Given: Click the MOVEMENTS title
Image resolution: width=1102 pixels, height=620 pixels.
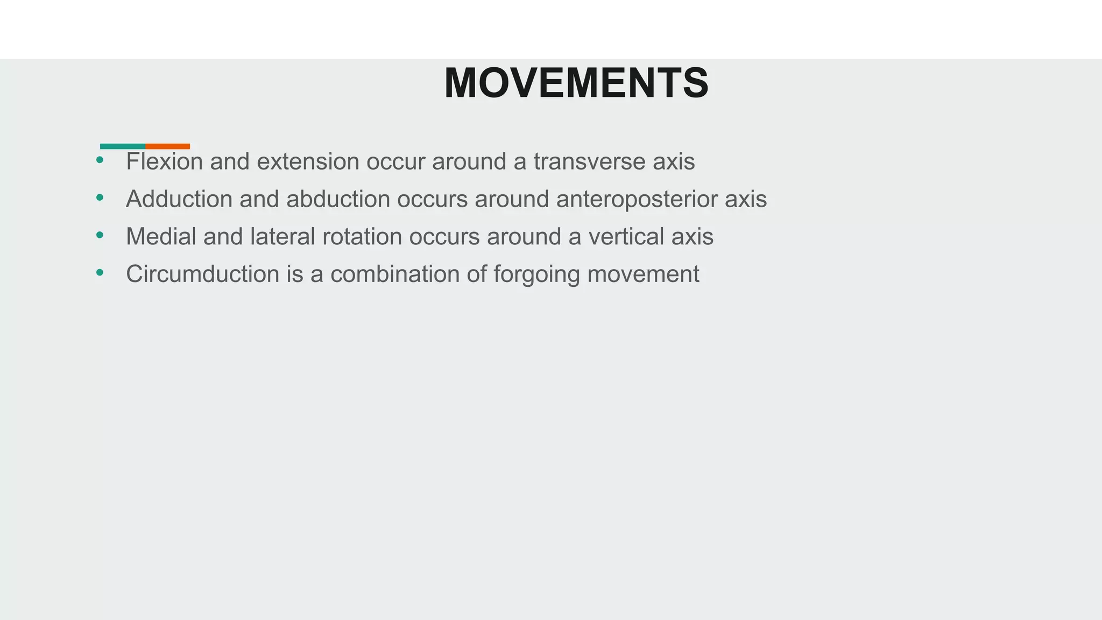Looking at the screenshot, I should [x=576, y=83].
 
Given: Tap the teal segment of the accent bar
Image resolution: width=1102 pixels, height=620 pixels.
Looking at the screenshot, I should [x=123, y=146].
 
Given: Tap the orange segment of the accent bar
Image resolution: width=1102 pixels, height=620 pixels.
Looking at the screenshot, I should [x=167, y=146].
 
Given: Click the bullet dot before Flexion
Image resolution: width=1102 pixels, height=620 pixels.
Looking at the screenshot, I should [x=100, y=160].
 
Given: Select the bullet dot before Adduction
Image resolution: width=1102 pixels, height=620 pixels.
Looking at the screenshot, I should [x=100, y=198].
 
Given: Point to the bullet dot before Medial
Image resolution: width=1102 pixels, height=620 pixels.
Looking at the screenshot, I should [x=100, y=235].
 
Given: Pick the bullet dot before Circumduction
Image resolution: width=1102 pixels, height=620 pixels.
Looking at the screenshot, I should [x=100, y=273].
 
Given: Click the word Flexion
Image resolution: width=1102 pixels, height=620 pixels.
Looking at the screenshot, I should [x=164, y=161].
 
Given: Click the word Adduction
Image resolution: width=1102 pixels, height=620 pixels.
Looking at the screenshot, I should [x=179, y=199].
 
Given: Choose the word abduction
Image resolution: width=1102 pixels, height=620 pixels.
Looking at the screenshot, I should [x=338, y=199].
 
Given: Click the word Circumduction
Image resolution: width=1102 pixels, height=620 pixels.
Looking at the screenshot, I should [x=202, y=274].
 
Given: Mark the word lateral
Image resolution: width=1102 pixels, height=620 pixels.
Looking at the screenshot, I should [x=282, y=237].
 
